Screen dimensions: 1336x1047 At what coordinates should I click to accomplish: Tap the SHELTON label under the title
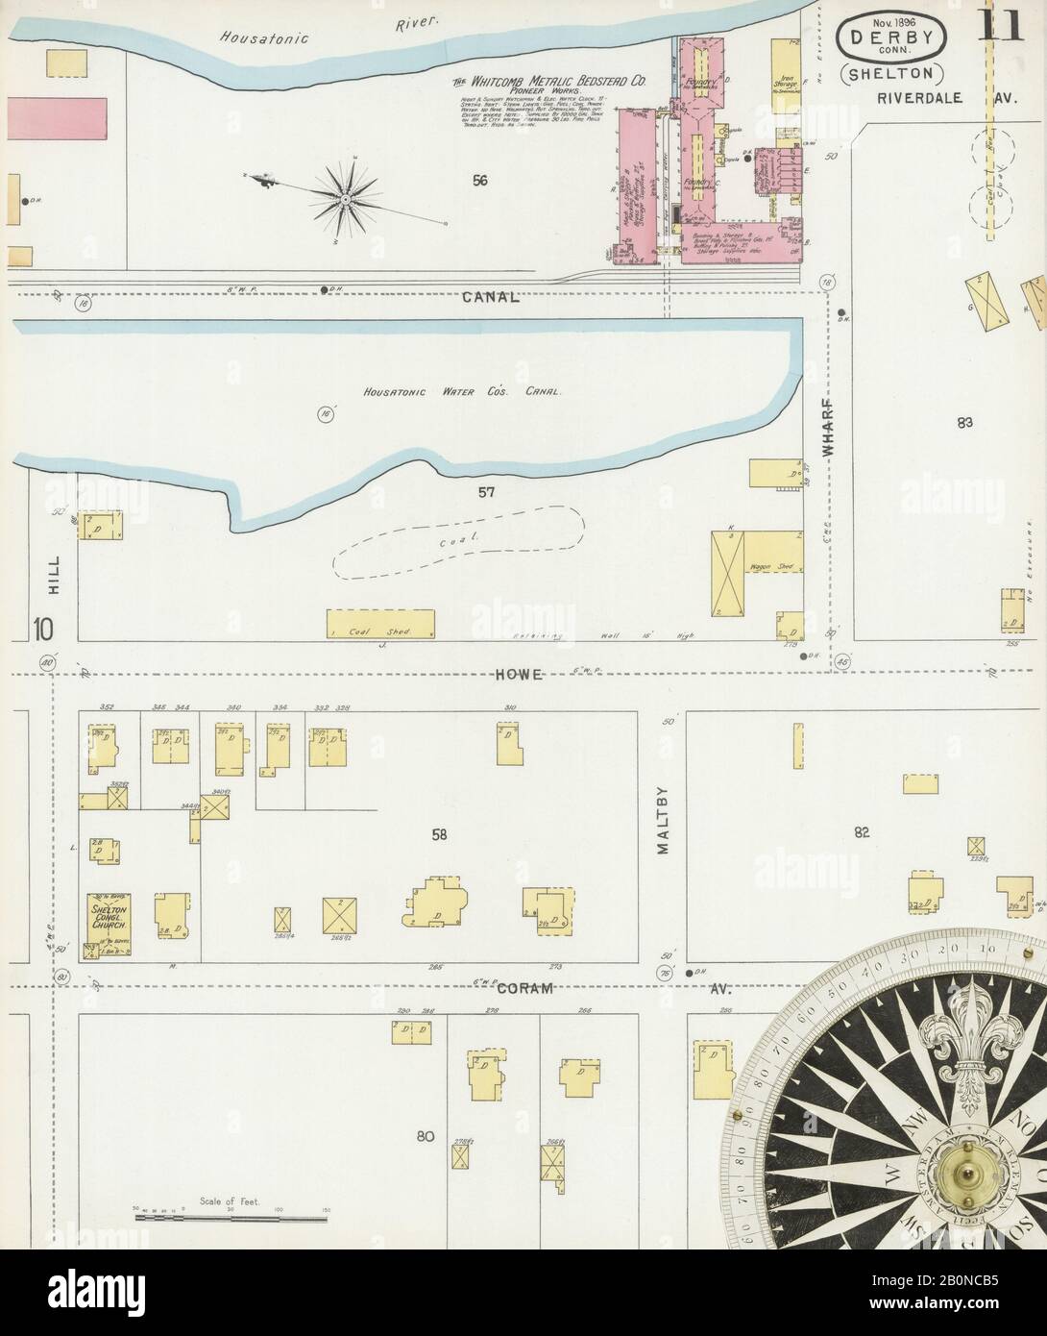point(892,74)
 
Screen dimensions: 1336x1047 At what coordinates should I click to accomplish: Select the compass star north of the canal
point(344,197)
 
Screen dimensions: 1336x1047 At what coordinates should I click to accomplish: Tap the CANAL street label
point(491,297)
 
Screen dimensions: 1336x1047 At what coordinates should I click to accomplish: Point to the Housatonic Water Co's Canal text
point(462,392)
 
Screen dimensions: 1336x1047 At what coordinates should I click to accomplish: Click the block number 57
point(486,492)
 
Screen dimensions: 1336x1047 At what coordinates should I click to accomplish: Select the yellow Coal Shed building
point(380,623)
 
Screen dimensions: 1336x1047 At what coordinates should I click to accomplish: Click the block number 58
point(439,834)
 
